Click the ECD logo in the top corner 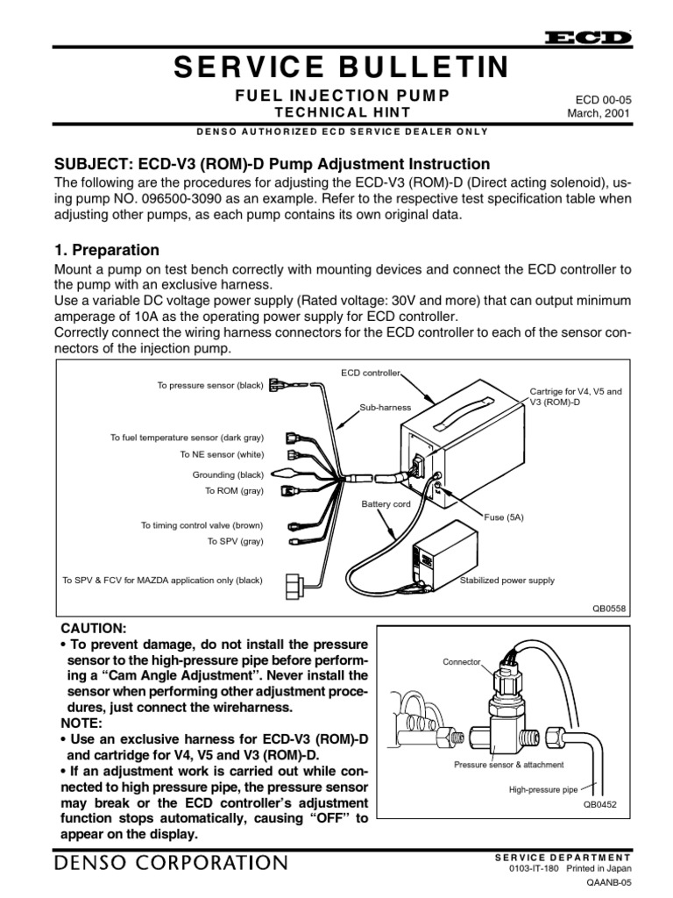point(588,38)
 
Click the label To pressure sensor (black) point(209,386)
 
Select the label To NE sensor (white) point(228,454)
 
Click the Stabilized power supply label point(507,581)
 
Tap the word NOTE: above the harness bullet point(84,724)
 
